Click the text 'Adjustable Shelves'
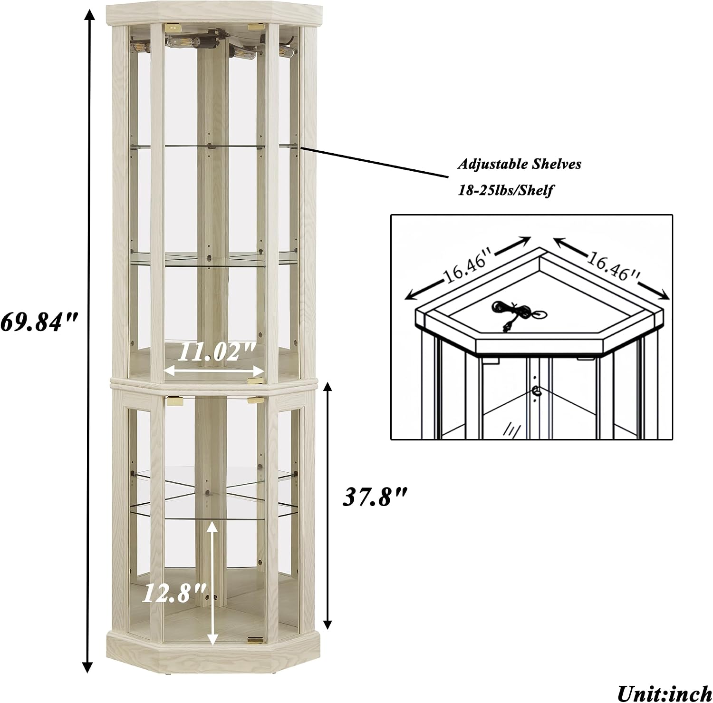pyautogui.click(x=520, y=165)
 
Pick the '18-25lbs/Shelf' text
pyautogui.click(x=505, y=190)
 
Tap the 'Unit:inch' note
pyautogui.click(x=665, y=693)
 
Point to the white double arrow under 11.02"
pyautogui.click(x=213, y=370)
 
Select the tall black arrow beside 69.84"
pyautogui.click(x=87, y=341)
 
